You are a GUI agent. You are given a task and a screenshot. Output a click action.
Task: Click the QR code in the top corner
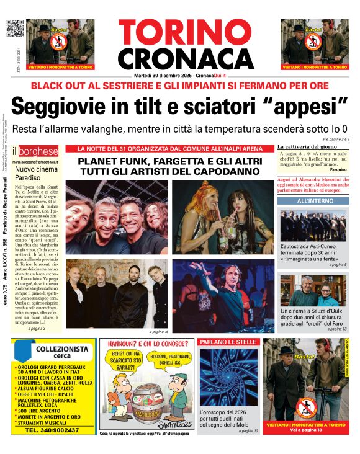[15, 29]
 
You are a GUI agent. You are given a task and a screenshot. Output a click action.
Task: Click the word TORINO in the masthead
[179, 32]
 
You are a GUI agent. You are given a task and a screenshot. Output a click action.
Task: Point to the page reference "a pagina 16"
[158, 332]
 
